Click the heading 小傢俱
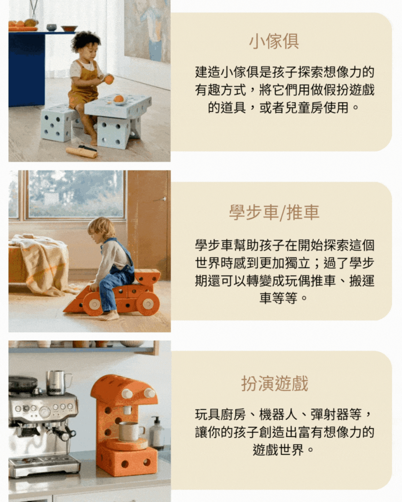[274, 42]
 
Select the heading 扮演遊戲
[274, 383]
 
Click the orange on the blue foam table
[119, 98]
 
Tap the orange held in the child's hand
[109, 79]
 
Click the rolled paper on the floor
[81, 152]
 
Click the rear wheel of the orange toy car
[148, 303]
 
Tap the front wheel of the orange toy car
[93, 304]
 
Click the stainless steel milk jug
[57, 383]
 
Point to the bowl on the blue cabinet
[69, 28]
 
